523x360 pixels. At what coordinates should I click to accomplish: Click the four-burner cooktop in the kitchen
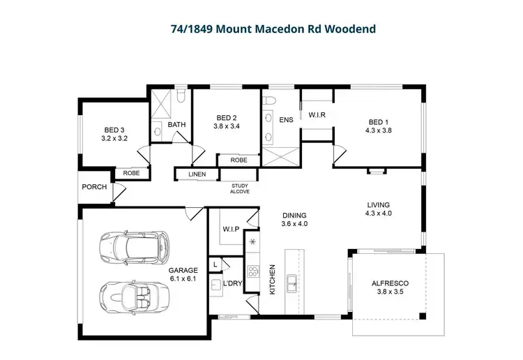255,272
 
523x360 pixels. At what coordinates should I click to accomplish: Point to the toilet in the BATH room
179,96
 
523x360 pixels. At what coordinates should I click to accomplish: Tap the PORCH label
94,187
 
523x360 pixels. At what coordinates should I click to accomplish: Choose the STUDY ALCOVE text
240,188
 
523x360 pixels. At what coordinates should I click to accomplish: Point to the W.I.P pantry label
231,228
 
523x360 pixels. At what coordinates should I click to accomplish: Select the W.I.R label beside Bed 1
317,114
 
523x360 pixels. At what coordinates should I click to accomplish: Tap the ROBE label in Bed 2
238,160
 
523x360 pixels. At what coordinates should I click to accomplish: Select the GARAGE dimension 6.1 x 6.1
183,278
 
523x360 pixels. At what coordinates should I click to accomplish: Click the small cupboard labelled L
215,264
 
